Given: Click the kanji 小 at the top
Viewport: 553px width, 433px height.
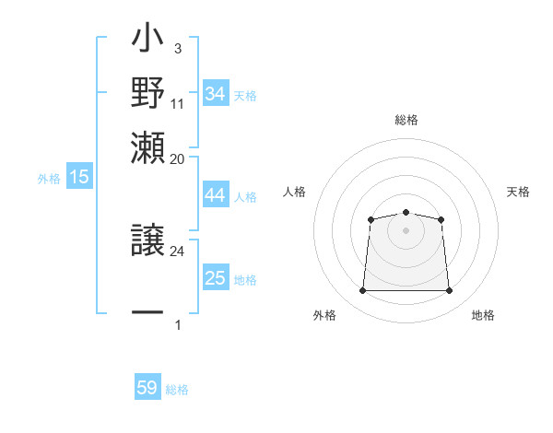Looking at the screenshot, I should point(147,41).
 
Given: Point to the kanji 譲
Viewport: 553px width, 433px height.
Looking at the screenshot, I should point(147,240).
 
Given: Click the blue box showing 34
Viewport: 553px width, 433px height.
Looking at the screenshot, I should point(216,94).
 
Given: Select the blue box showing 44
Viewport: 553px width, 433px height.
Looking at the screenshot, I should point(216,195).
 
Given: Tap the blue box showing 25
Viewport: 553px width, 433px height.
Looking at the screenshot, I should point(216,278).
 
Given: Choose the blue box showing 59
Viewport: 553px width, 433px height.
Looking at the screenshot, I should point(147,388).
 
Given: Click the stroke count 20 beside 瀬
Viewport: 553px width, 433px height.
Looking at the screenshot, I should point(178,158).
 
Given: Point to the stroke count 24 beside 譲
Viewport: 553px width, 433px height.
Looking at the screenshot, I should point(178,251).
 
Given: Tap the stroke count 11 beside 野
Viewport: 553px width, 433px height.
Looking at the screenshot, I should point(178,103).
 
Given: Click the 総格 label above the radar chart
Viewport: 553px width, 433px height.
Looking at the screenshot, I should point(406,120).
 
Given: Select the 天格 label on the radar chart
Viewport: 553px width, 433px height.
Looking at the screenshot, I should point(518,192).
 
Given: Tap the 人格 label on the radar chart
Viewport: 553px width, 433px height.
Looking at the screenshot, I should point(294,192).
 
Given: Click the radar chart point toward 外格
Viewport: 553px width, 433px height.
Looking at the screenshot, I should point(362,291).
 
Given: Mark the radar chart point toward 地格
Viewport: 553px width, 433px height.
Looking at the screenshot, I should point(449,291).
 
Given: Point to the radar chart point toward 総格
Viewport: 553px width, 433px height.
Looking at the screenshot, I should point(406,213).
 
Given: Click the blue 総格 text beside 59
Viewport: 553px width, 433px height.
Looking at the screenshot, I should point(177,390).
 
